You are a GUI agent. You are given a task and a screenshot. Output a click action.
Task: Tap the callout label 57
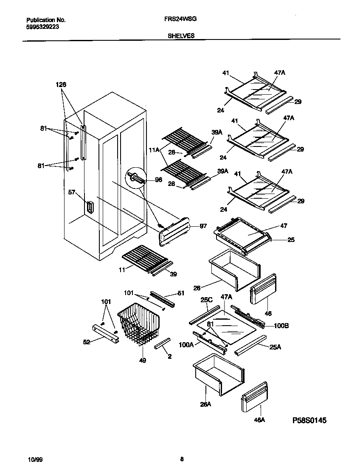pos(73,193)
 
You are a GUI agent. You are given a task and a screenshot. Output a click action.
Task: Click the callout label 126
pos(62,84)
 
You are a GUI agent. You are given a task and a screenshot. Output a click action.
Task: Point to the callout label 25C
pos(206,300)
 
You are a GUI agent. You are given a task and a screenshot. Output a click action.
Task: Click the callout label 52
pos(86,342)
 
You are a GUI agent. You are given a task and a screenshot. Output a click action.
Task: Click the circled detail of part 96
pos(135,177)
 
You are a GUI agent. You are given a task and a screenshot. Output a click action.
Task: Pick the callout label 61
pos(180,293)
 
